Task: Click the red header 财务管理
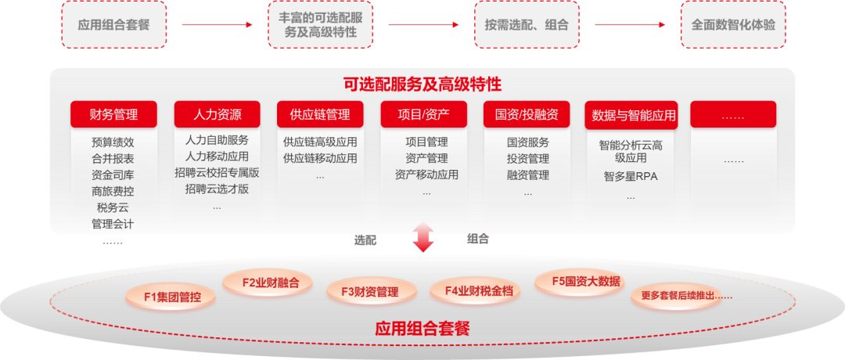113,115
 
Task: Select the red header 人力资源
217,115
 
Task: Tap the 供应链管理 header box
320,115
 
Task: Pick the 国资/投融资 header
527,115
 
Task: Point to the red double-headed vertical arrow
423,237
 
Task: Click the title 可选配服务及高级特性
422,85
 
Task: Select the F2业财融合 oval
266,283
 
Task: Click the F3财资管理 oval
369,292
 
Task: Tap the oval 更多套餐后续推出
681,296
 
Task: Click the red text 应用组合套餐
422,328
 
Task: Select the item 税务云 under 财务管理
113,207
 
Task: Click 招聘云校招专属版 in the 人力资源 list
217,173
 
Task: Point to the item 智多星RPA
631,177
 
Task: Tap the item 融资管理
527,175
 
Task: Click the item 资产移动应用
426,175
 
